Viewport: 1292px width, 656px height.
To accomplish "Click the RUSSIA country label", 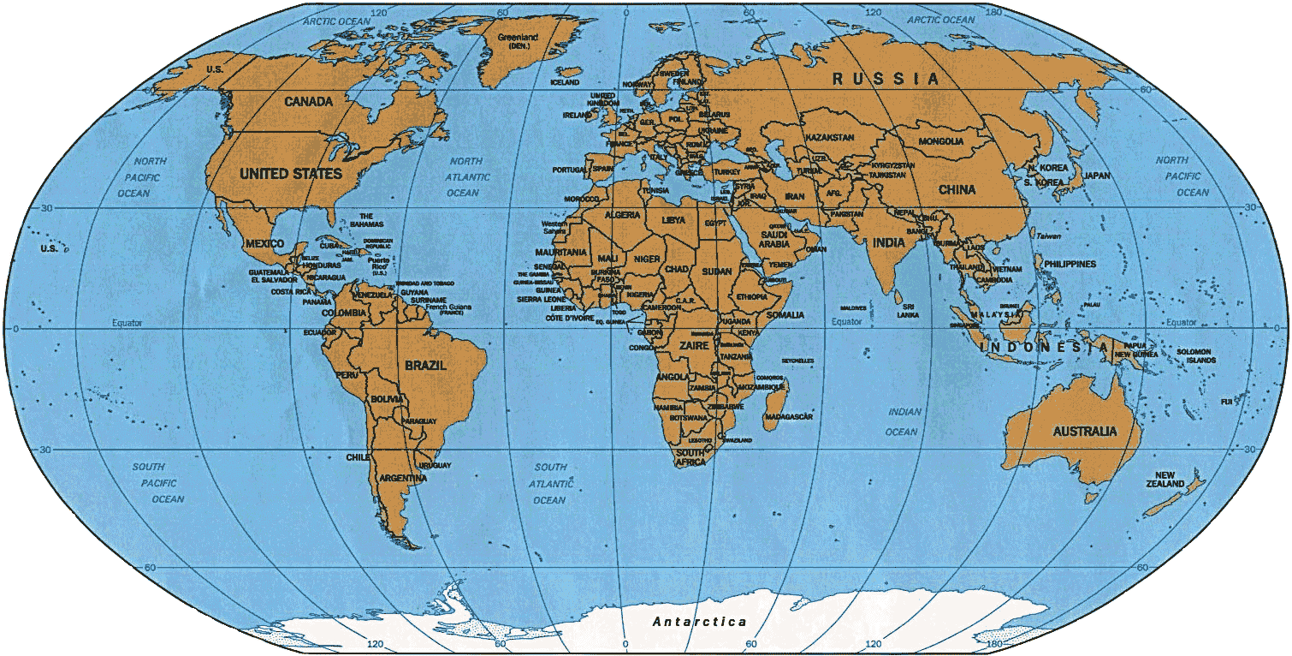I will tap(886, 79).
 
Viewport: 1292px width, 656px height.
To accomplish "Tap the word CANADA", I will tap(309, 102).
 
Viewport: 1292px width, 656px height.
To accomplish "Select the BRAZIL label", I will tap(426, 366).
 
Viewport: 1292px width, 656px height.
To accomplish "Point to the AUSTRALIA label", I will tap(1086, 431).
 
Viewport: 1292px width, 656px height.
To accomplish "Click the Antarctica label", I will tap(699, 622).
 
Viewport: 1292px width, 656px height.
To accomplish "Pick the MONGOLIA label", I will tap(941, 141).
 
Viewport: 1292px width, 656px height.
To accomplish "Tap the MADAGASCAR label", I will tap(788, 416).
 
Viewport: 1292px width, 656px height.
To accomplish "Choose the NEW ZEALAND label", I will tap(1170, 480).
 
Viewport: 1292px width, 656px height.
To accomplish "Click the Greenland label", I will tap(519, 42).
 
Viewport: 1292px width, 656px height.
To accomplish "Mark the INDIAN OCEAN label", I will tap(904, 421).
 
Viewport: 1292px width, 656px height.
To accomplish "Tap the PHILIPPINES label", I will tap(1068, 264).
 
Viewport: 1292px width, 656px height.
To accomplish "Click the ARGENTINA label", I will tap(402, 477).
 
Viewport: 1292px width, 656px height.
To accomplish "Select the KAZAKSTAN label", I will tap(830, 137).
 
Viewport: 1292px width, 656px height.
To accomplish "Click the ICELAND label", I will tap(565, 83).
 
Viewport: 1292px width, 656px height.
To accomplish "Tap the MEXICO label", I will tap(264, 243).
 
